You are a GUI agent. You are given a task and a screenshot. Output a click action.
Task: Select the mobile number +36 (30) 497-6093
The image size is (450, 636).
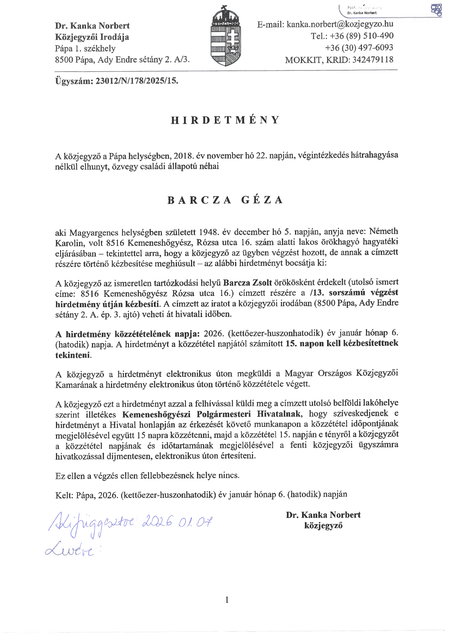point(359,48)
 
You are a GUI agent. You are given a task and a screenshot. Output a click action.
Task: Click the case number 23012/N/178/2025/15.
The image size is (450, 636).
point(137,81)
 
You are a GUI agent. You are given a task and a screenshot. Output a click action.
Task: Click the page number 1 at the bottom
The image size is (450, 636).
point(227,600)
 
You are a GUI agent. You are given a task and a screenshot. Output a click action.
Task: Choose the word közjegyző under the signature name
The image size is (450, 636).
point(323,526)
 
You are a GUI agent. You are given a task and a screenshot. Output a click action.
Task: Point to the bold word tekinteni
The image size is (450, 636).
point(73,355)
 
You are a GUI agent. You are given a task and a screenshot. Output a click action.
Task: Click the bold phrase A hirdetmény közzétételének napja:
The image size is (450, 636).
point(127,334)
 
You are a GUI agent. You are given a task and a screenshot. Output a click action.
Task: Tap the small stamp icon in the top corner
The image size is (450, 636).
point(436,10)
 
